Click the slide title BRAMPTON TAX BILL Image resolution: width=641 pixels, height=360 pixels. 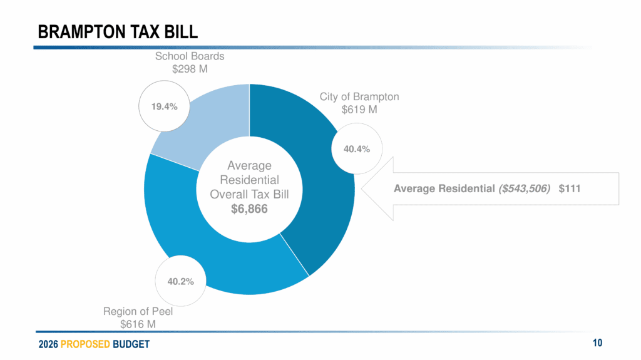pos(118,31)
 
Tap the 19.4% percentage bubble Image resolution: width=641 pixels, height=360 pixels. pos(164,106)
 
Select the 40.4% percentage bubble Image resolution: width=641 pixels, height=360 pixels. pos(357,149)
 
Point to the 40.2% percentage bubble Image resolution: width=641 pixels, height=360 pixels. pos(180,282)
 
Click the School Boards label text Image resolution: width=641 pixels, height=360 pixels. pos(190,56)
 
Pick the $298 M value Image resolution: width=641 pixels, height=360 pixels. pos(190,68)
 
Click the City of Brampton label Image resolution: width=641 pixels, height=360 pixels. pos(359,97)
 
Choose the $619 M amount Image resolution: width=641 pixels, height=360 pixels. pos(359,110)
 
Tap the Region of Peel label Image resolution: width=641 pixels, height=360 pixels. pos(138,311)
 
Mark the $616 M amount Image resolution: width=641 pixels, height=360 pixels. pos(138,324)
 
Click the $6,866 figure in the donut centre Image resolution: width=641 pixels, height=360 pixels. pos(249,208)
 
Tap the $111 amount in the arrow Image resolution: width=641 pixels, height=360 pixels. pos(570,188)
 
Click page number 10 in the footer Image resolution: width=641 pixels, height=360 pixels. pos(597,342)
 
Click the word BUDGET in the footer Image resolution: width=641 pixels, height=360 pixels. pos(131,344)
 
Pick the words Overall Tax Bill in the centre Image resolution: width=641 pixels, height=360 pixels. pos(249,194)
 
